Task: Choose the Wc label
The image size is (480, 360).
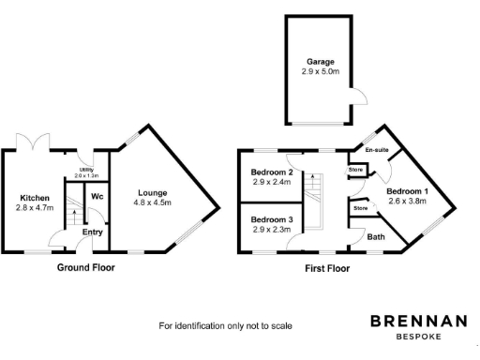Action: pos(97,197)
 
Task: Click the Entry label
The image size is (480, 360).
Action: pos(93,232)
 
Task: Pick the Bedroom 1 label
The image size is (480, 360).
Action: pos(407,191)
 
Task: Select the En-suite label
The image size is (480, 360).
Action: pos(377,150)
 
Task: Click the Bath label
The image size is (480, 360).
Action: pos(375,237)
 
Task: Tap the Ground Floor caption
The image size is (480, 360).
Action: pos(85,267)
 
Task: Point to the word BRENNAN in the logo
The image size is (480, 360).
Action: pos(418,321)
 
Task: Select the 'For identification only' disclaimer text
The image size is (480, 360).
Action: pos(225,325)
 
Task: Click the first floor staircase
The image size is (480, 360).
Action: pos(318,198)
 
